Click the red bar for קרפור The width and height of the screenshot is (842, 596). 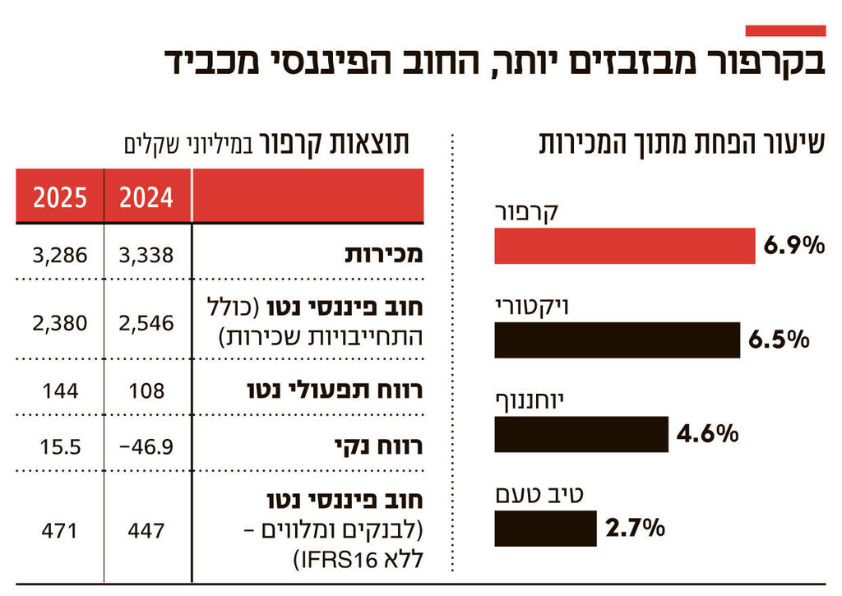click(624, 246)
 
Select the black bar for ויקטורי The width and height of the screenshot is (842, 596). click(617, 340)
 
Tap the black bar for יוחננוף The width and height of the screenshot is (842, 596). click(581, 434)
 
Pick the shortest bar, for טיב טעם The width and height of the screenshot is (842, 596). click(545, 529)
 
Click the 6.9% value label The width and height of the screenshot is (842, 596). click(793, 246)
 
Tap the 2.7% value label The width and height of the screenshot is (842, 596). click(634, 529)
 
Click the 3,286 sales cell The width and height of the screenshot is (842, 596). click(60, 256)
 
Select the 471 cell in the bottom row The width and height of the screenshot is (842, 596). click(60, 531)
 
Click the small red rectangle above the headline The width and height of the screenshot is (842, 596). click(784, 30)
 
